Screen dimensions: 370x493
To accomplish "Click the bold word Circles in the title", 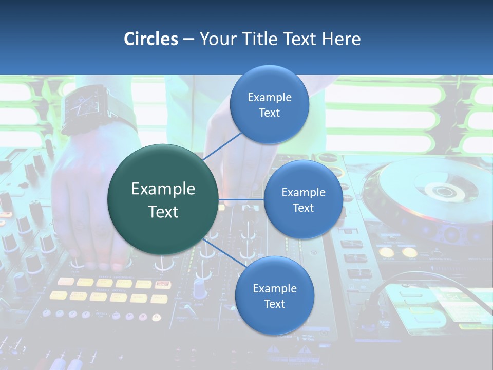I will [150, 39].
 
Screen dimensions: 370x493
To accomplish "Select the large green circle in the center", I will [163, 199].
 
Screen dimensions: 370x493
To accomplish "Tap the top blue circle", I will [269, 104].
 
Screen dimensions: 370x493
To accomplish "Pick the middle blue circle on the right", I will [303, 199].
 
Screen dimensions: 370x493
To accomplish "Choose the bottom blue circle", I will [274, 295].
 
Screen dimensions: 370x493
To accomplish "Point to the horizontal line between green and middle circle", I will [241, 199].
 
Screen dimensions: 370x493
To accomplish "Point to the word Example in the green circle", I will [163, 189].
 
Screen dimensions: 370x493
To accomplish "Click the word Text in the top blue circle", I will [269, 113].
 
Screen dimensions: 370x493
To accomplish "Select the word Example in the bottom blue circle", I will [274, 288].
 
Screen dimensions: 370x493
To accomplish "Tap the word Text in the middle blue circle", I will [303, 208].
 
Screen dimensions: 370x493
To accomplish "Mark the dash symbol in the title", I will [188, 40].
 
